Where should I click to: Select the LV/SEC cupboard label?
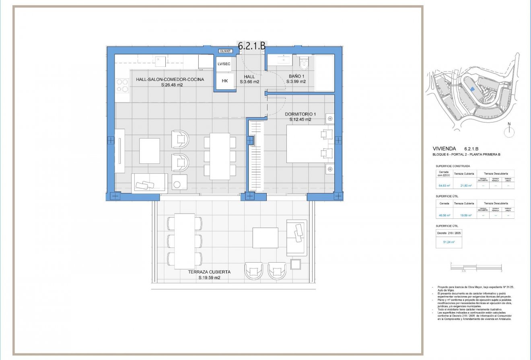pyautogui.click(x=224, y=64)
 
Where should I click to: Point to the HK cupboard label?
pyautogui.click(x=225, y=81)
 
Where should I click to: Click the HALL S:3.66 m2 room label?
pyautogui.click(x=249, y=79)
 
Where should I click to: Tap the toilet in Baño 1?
pyautogui.click(x=304, y=62)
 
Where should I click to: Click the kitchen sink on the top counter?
pyautogui.click(x=159, y=61)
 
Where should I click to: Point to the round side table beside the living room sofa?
pyautogui.click(x=177, y=185)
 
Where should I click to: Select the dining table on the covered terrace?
pyautogui.click(x=185, y=241)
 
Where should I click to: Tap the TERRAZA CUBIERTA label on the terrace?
pyautogui.click(x=209, y=275)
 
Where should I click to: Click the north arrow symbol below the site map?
pyautogui.click(x=509, y=130)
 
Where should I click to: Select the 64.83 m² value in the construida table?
pyautogui.click(x=443, y=186)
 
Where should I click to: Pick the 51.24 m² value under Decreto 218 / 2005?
pyautogui.click(x=449, y=242)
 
